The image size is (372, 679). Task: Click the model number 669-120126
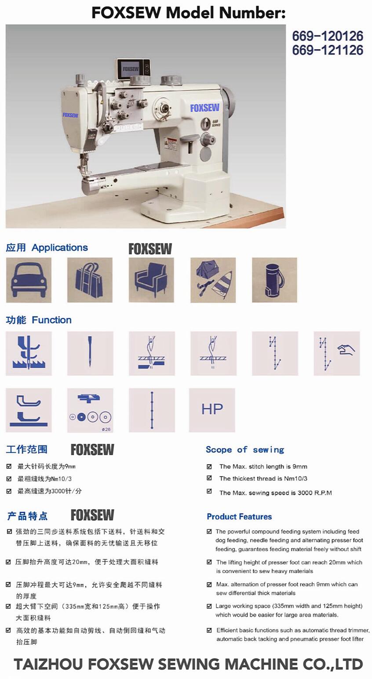(x=328, y=36)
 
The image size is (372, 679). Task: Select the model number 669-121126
(x=328, y=50)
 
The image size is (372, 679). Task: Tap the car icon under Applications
(x=29, y=280)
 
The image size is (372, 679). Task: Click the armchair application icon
(x=151, y=280)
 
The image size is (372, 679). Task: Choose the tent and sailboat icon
(x=213, y=280)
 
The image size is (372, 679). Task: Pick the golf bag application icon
(x=274, y=280)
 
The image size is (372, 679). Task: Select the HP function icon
(x=212, y=410)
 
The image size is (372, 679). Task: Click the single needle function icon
(x=90, y=353)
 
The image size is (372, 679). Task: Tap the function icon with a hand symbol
(x=337, y=353)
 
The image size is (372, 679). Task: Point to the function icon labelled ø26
(x=90, y=410)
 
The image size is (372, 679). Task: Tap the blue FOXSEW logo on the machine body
(x=204, y=108)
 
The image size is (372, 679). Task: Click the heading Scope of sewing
(x=245, y=450)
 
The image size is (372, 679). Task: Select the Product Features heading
(x=239, y=517)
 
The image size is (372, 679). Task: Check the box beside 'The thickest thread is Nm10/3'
(x=209, y=478)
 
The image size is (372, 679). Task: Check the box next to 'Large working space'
(x=209, y=606)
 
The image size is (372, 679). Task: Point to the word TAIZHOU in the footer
(x=48, y=664)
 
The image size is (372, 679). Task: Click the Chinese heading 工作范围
(x=27, y=449)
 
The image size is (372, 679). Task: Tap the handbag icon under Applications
(x=90, y=280)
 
